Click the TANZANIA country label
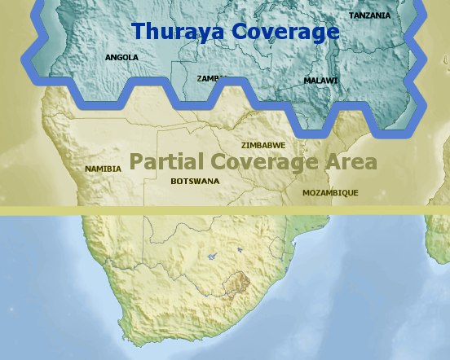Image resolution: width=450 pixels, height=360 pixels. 369,15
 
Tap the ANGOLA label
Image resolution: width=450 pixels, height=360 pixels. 121,58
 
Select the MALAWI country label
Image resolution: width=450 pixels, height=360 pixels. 320,81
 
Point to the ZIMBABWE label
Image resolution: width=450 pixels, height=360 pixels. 262,144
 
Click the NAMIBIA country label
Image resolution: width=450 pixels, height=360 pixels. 103,169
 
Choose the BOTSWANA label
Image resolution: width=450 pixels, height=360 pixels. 195,181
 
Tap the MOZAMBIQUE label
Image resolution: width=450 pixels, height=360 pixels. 330,193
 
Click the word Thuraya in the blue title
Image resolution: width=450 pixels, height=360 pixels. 178,32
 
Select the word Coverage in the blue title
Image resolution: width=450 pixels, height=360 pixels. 285,32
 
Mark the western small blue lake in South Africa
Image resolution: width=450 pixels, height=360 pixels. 211,256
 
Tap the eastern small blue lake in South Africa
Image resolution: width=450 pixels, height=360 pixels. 239,250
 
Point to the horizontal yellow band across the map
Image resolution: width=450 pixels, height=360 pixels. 225,210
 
